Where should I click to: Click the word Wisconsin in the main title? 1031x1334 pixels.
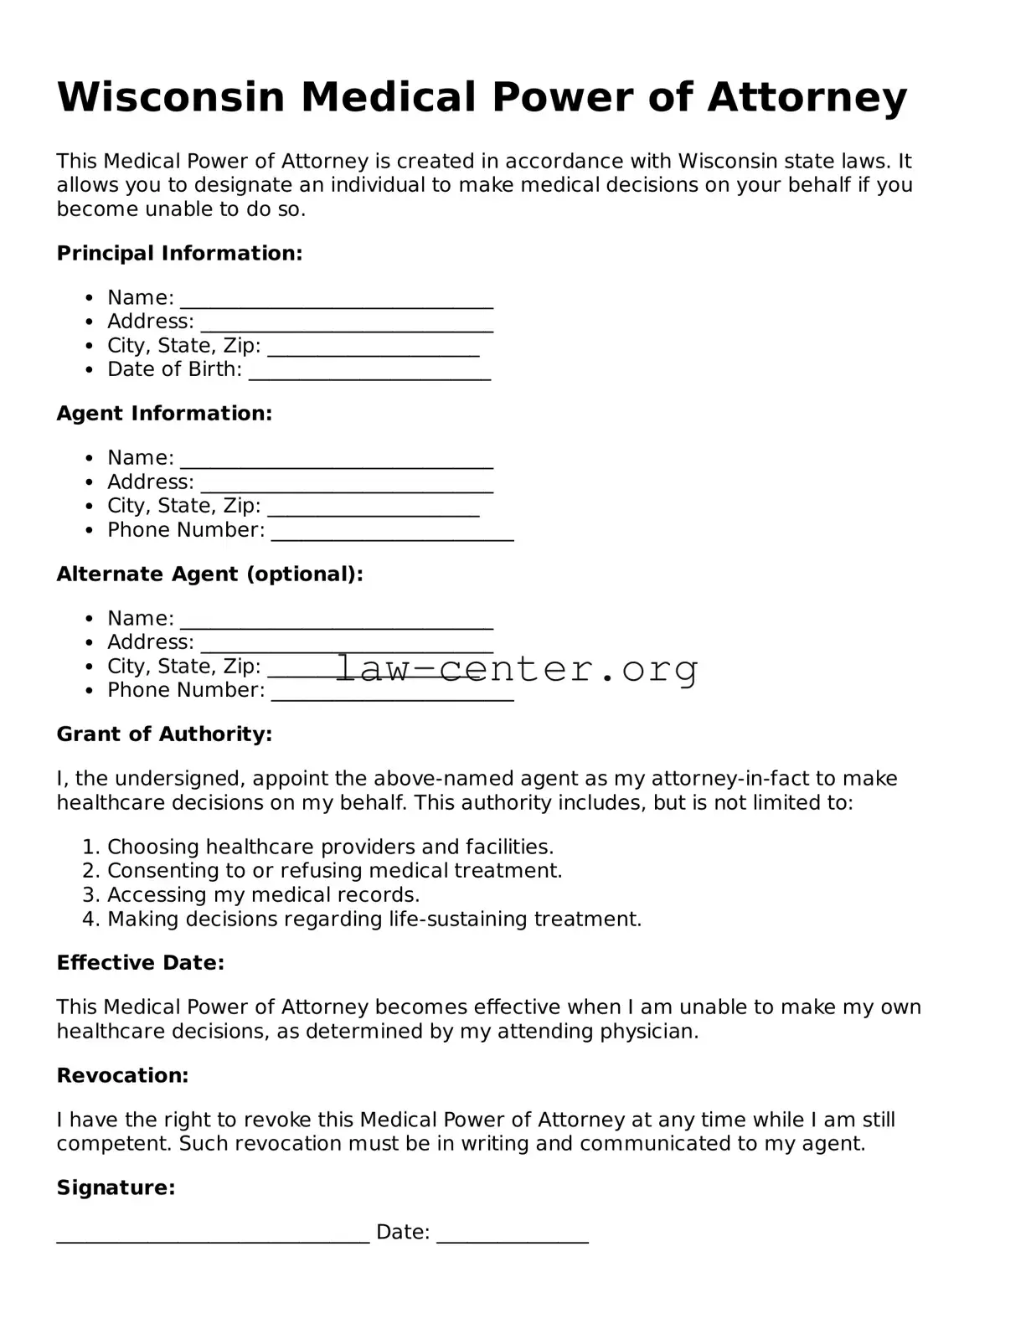tap(171, 97)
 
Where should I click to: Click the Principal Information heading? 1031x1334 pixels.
tap(179, 253)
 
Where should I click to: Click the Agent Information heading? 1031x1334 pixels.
tap(164, 413)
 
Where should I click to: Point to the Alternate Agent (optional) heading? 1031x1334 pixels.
tap(209, 574)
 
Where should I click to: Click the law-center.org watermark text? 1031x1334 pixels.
tap(517, 668)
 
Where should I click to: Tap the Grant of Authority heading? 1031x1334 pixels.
tap(164, 734)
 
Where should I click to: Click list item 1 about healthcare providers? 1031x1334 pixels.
tap(330, 847)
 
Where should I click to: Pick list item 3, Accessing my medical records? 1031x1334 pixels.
tap(263, 894)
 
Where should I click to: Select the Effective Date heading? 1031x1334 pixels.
tap(140, 962)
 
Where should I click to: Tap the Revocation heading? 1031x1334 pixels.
tap(122, 1075)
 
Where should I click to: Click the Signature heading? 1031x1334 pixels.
tap(116, 1187)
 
